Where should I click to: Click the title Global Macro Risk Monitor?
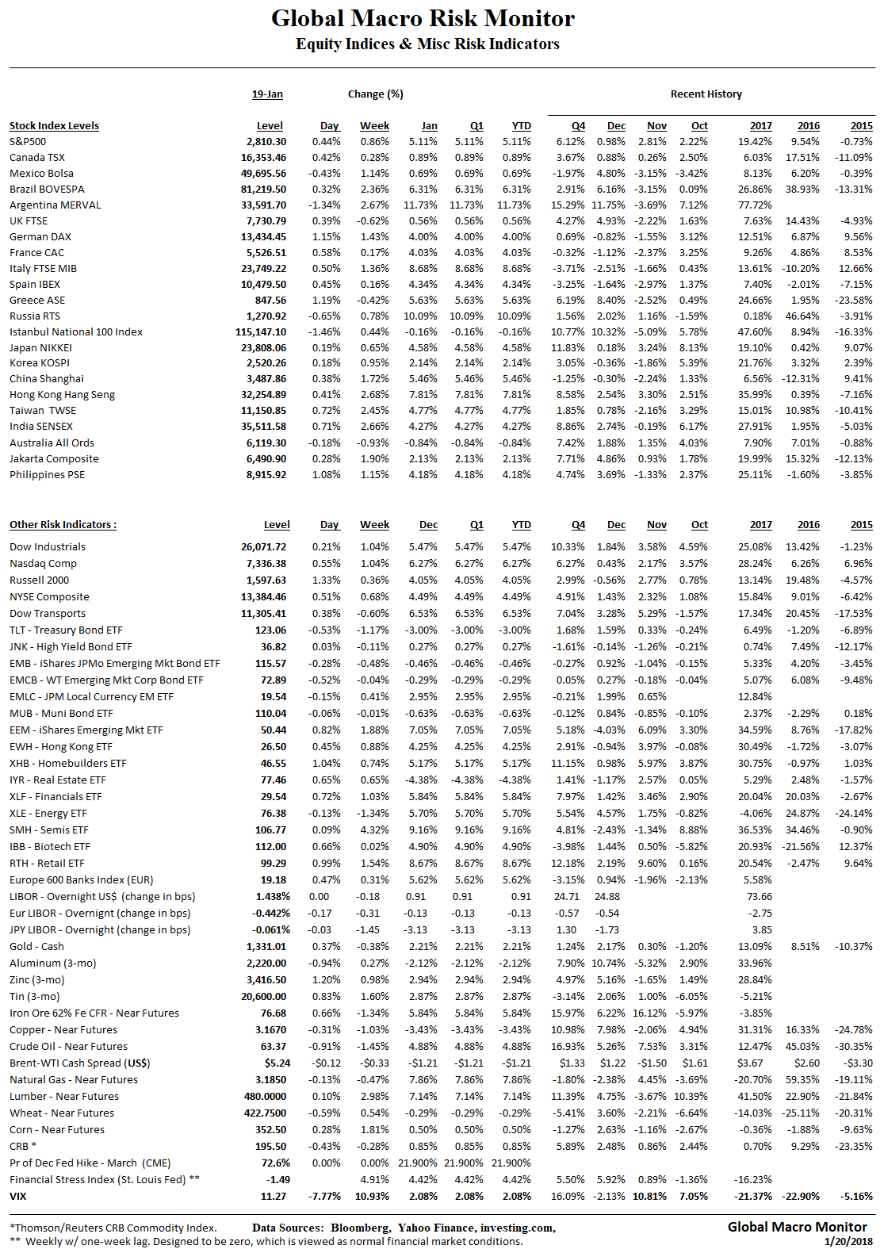coord(423,18)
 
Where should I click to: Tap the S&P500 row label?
coord(28,141)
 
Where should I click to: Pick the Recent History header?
coord(706,94)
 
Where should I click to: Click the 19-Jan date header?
coord(267,94)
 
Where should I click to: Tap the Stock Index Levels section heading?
coord(54,125)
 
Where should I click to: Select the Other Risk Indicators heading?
coord(63,524)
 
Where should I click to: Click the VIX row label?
coord(17,1196)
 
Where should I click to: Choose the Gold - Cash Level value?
coord(266,946)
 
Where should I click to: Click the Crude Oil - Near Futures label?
coord(68,1046)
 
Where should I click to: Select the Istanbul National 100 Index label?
coord(76,331)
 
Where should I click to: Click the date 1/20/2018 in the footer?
coord(848,1241)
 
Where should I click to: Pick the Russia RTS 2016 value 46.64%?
coord(802,316)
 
